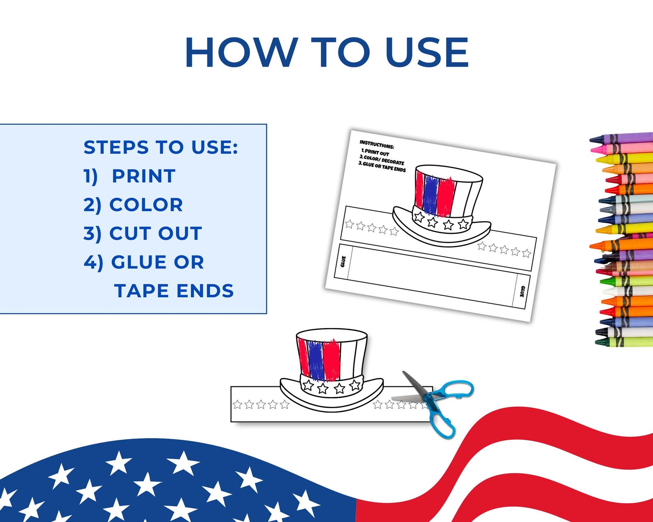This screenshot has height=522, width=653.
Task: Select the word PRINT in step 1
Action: coord(144,176)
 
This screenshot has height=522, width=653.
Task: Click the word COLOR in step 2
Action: coord(146,205)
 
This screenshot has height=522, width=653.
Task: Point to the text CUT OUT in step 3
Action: coord(155,233)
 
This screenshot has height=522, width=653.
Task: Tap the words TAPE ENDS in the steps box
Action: coord(174,291)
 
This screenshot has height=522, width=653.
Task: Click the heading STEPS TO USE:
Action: coord(161,148)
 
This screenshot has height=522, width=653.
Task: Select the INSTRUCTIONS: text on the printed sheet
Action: coord(377,145)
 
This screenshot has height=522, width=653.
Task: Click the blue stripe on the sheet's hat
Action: coord(430,195)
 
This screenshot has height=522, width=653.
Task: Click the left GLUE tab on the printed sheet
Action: coord(343,262)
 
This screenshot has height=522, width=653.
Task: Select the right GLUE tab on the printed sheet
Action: coord(522,292)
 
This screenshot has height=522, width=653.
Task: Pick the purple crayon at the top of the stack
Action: coord(625,138)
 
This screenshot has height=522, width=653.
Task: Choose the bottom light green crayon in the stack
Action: coord(625,342)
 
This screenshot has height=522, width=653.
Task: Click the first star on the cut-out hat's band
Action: coord(308,385)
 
